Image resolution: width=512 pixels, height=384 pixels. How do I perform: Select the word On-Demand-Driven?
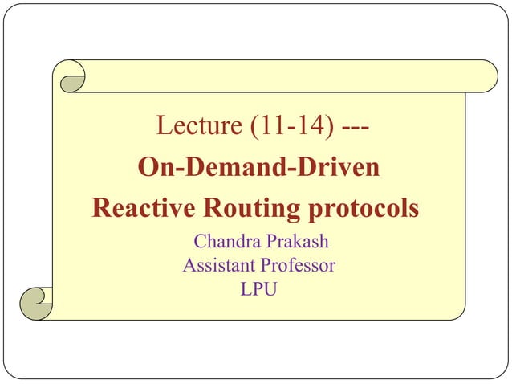259,169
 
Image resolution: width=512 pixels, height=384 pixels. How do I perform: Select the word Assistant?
217,264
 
